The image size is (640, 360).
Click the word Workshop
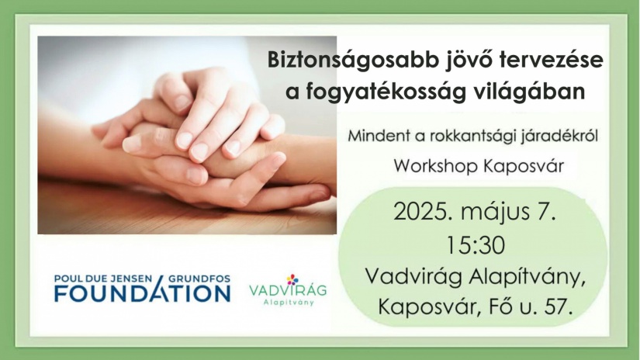(435, 166)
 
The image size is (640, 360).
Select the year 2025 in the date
(424, 213)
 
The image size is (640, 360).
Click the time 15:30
(476, 246)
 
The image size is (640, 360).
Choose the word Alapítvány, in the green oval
(528, 277)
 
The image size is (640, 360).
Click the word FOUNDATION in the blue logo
(143, 293)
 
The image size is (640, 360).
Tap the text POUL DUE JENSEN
(103, 279)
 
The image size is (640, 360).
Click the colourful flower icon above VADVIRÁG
(292, 279)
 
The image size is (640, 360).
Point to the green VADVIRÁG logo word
(288, 290)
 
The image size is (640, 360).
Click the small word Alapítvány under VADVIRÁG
(289, 303)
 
